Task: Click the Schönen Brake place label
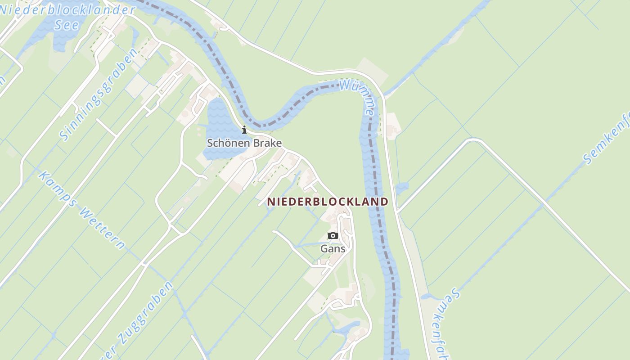[x=244, y=143]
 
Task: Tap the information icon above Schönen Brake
[x=244, y=130]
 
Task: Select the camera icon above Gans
[x=333, y=235]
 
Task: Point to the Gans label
[x=333, y=248]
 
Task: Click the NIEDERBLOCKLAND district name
[x=328, y=202]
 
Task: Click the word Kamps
[x=57, y=189]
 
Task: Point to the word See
[x=67, y=24]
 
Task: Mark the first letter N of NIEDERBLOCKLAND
[x=271, y=202]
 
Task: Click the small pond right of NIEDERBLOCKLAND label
[x=402, y=188]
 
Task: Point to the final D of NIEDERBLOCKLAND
[x=384, y=202]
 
